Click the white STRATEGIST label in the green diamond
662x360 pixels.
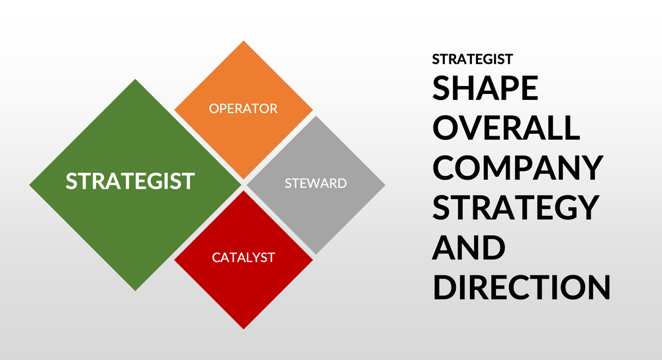click(x=130, y=181)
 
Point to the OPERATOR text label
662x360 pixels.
click(x=244, y=109)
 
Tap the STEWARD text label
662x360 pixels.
click(x=316, y=183)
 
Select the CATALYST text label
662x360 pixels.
click(x=244, y=257)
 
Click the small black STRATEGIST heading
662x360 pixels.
click(x=472, y=59)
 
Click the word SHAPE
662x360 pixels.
click(x=485, y=89)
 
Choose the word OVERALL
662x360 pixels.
click(x=506, y=128)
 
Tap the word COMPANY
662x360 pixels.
click(x=518, y=168)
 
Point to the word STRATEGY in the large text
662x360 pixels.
click(x=515, y=208)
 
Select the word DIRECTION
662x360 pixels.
click(x=521, y=288)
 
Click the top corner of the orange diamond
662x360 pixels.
click(x=244, y=42)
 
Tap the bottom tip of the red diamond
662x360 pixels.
click(x=244, y=328)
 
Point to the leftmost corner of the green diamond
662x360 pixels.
click(x=30, y=185)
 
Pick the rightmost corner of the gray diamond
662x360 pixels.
click(x=385, y=185)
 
